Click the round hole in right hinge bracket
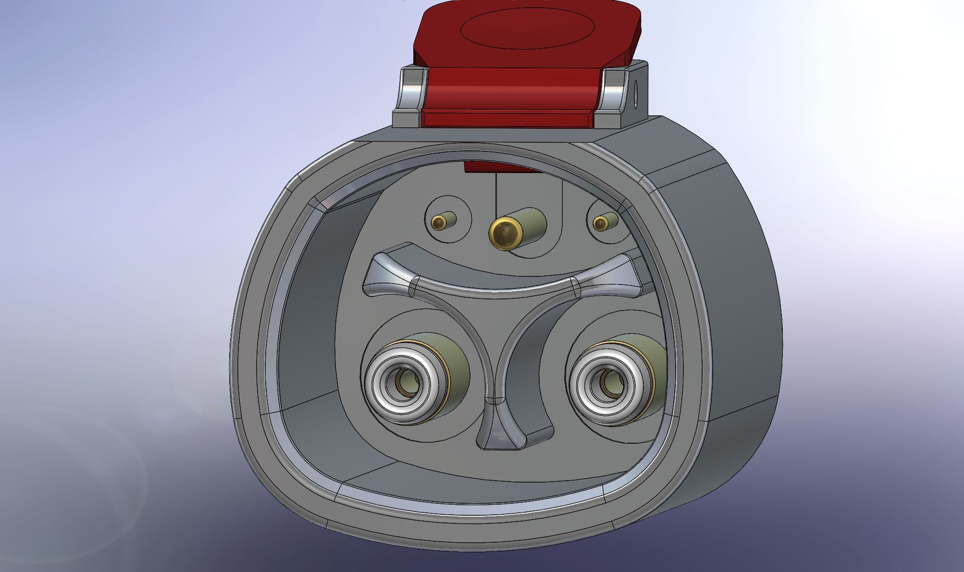click(637, 94)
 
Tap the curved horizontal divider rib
click(495, 286)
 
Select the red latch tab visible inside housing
click(500, 167)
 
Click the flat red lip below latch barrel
click(509, 118)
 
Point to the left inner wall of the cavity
click(312, 312)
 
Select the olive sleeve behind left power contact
click(454, 365)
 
